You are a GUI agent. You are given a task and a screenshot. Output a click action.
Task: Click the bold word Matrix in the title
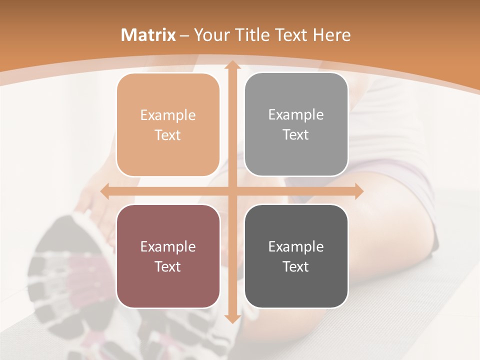[148, 35]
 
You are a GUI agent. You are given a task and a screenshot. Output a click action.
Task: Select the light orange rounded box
[168, 125]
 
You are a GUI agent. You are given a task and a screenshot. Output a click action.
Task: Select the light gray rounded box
[296, 125]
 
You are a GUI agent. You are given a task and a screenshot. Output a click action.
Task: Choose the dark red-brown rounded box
[168, 256]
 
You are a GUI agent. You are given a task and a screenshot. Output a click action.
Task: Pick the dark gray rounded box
[296, 256]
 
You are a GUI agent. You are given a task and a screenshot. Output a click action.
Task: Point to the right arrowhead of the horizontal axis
[358, 191]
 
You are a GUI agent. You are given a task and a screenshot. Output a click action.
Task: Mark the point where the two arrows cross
[232, 191]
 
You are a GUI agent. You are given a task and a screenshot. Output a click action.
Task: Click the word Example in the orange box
[168, 115]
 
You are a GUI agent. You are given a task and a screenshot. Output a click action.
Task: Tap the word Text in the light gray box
[296, 135]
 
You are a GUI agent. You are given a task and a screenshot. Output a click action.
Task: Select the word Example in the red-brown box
[168, 246]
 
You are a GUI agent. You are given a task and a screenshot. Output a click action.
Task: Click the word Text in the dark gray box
[296, 266]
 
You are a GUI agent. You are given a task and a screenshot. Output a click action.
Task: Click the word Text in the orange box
[168, 135]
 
